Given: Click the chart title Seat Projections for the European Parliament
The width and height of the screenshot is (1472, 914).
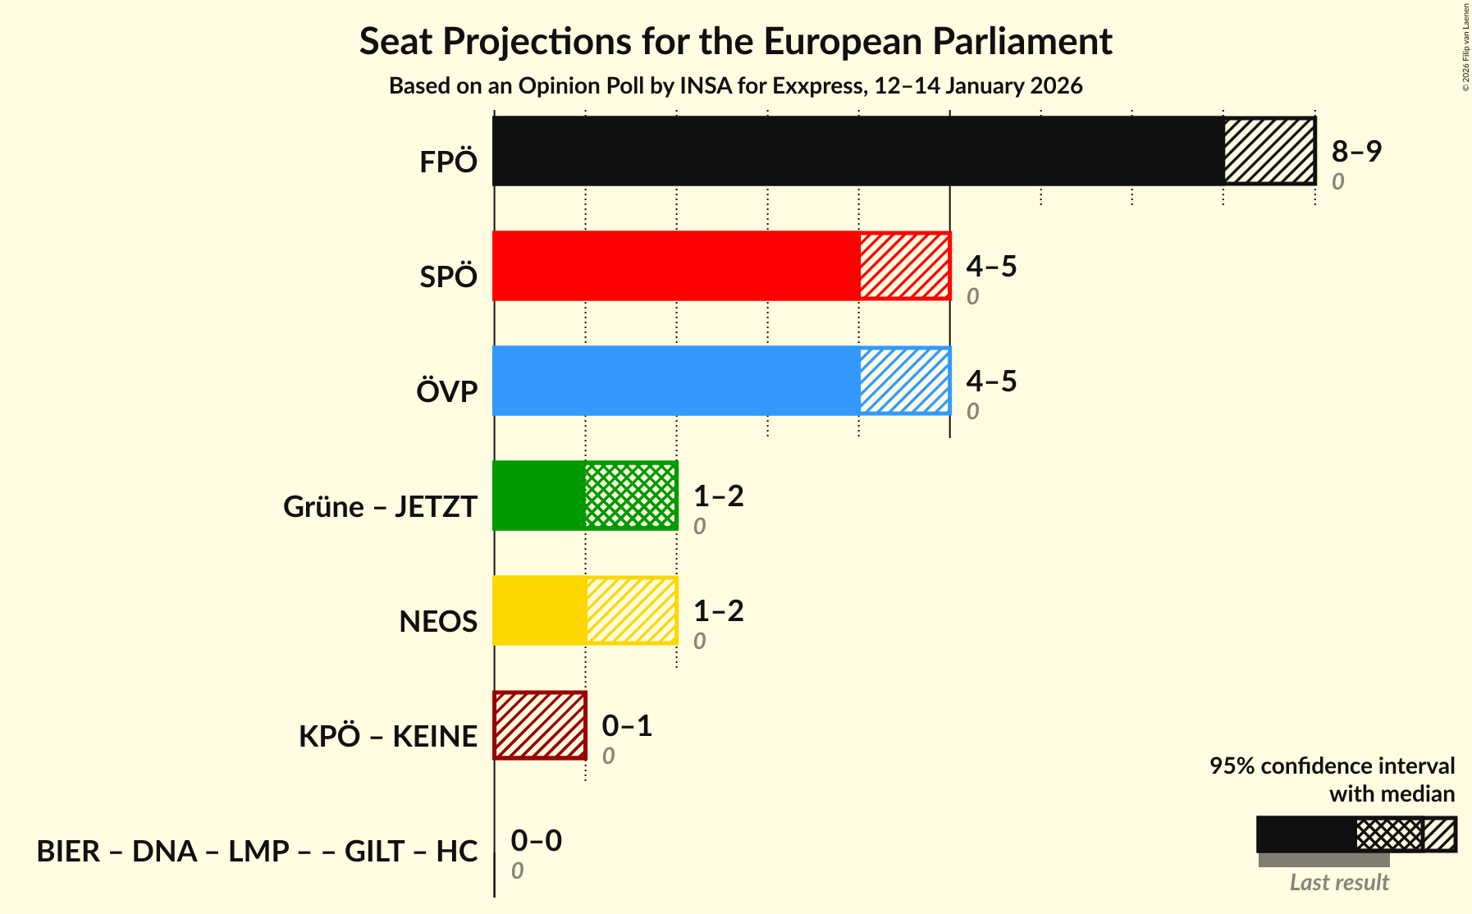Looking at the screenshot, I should (735, 41).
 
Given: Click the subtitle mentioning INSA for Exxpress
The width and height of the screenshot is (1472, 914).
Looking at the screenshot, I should (735, 86).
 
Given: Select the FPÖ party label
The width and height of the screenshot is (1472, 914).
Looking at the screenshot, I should (448, 162).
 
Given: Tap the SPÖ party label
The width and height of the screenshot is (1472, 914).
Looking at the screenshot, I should (448, 276).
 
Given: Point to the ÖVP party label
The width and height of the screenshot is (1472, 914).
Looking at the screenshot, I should (446, 391).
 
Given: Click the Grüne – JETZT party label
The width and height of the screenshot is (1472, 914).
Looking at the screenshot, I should (380, 506).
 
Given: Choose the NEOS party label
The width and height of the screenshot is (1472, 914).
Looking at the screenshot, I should (438, 621).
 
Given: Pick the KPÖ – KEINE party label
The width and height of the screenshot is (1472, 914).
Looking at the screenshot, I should (387, 736).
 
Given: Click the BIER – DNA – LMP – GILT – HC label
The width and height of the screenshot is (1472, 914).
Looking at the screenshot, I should (257, 851).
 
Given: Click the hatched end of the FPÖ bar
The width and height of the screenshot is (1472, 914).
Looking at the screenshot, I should (1269, 151).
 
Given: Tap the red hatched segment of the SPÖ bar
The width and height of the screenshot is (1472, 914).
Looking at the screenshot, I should (904, 266).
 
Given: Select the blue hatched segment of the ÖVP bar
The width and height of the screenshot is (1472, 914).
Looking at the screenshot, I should (904, 381).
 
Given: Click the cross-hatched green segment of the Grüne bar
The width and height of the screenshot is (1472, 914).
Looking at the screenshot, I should (630, 496).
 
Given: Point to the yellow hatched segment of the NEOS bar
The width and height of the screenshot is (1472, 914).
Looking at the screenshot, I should (631, 610).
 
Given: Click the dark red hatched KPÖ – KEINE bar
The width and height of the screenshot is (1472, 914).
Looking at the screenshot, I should (540, 725).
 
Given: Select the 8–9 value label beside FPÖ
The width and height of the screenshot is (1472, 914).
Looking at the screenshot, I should (1356, 151).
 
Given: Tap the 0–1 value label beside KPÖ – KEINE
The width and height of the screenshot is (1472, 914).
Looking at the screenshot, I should (627, 725).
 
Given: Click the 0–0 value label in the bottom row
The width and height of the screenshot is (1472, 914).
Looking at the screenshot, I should (536, 840).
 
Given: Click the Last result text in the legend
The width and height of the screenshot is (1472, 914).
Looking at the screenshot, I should (1339, 882).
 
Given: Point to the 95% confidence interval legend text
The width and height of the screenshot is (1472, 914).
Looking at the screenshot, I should (1332, 765).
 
